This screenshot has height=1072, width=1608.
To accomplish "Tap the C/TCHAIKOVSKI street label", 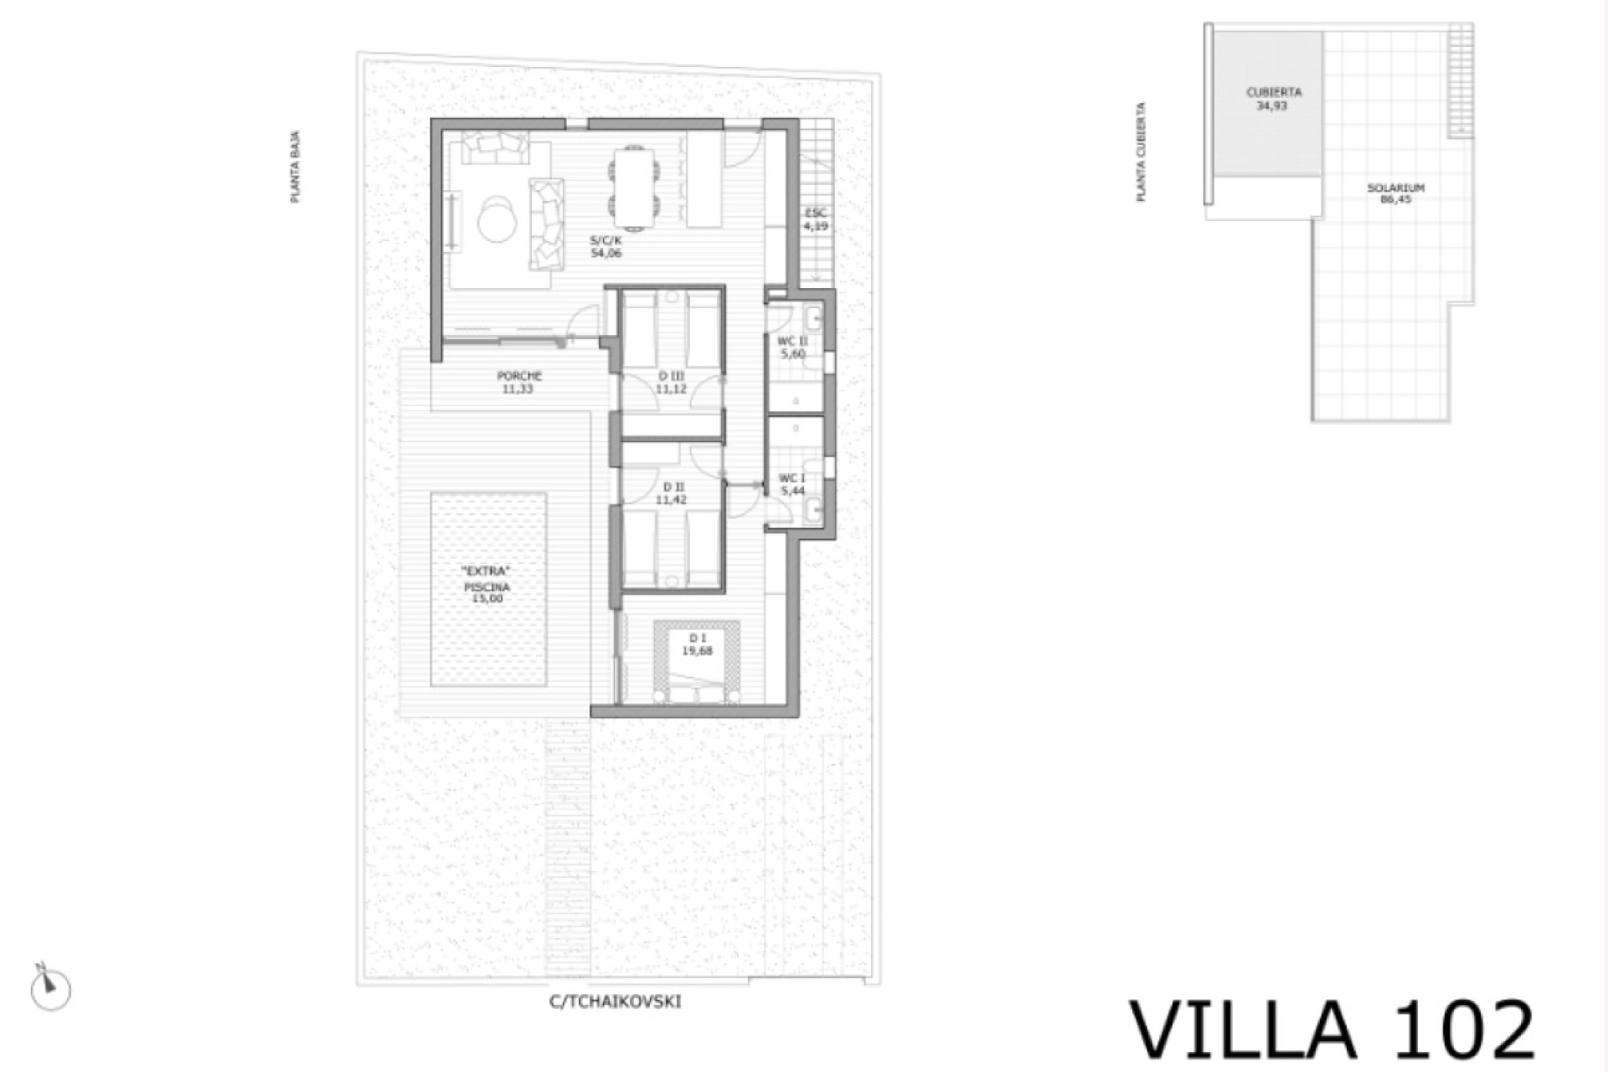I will (615, 1002).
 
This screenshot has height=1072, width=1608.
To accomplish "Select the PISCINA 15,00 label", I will (487, 586).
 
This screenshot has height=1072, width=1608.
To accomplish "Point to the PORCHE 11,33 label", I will (519, 383).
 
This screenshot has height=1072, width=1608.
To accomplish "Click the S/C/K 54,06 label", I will (606, 246).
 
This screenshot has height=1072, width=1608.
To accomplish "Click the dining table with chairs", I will (633, 188).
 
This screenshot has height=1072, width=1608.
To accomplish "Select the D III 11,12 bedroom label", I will (670, 383).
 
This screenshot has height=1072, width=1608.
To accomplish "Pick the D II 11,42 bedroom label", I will (670, 493).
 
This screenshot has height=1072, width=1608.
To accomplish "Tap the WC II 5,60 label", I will (792, 348).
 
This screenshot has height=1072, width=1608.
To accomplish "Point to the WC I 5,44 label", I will (792, 484).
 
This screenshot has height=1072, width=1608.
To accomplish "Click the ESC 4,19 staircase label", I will (816, 219).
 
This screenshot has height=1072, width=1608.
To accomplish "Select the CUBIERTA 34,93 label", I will (1273, 99).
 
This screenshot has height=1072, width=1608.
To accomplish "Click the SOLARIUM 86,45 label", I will (1396, 193).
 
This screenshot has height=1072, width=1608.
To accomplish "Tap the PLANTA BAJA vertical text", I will (295, 167).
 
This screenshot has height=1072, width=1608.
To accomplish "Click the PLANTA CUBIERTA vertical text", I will (1141, 152).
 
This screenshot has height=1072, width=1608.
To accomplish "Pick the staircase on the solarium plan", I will (1461, 80).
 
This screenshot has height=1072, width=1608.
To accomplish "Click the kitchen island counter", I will (704, 179).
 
